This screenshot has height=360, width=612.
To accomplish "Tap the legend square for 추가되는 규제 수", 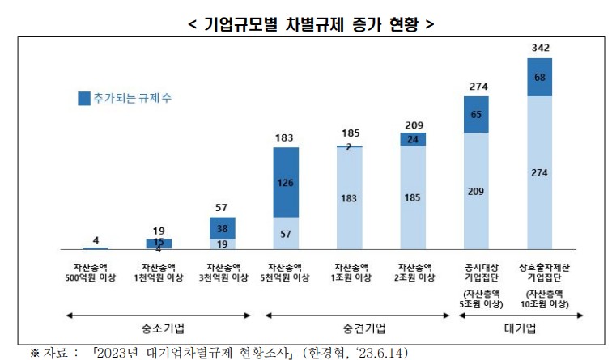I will pyautogui.click(x=84, y=99).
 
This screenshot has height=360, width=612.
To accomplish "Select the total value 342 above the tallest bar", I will pyautogui.click(x=539, y=49).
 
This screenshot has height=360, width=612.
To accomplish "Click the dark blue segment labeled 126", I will pyautogui.click(x=286, y=182).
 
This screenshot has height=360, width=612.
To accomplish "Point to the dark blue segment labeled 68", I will pyautogui.click(x=539, y=78).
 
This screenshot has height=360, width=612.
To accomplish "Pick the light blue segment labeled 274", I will pyautogui.click(x=539, y=172).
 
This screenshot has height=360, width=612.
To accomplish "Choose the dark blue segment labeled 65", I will pyautogui.click(x=476, y=115).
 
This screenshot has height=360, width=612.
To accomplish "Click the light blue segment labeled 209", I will pyautogui.click(x=476, y=191).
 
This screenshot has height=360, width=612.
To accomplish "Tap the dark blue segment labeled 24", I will pyautogui.click(x=413, y=139).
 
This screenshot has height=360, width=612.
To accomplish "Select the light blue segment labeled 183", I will pyautogui.click(x=349, y=198).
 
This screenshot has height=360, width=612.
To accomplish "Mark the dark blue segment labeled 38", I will pyautogui.click(x=222, y=228).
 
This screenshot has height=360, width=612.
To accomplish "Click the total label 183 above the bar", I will pyautogui.click(x=286, y=138).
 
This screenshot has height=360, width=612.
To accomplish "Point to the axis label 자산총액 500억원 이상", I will pyautogui.click(x=96, y=272).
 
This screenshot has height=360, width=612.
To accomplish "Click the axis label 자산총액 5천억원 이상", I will pyautogui.click(x=286, y=272).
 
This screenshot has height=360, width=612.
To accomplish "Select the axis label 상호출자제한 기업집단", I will pyautogui.click(x=539, y=272).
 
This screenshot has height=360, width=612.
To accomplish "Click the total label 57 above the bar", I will pyautogui.click(x=222, y=208).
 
